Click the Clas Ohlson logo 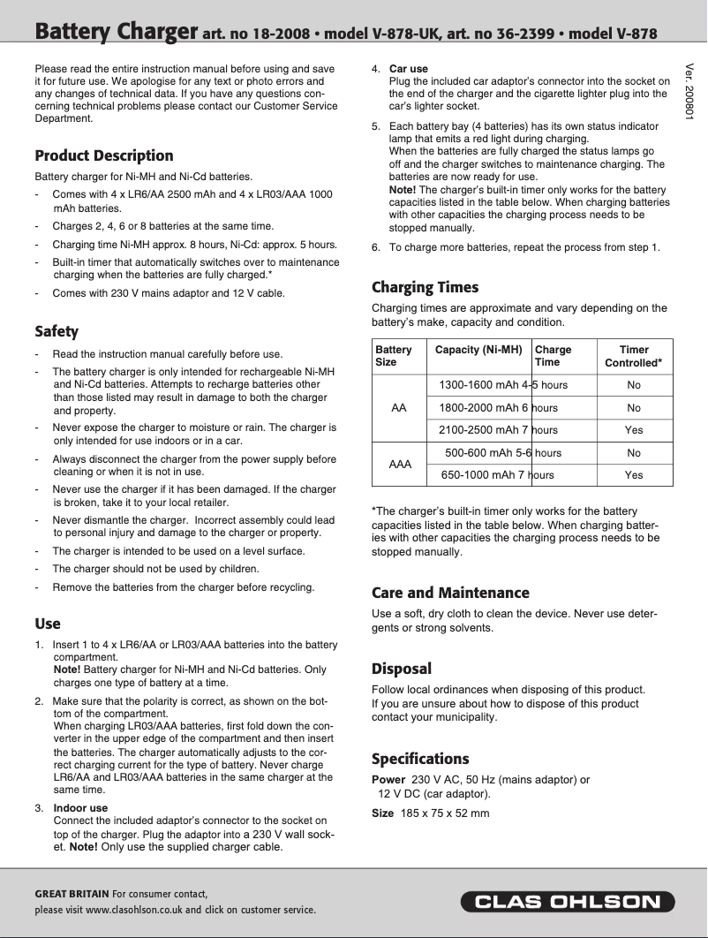click(567, 902)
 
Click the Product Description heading click(103, 155)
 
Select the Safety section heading click(56, 331)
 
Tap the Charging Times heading click(425, 287)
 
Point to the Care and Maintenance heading click(450, 593)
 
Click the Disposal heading click(401, 669)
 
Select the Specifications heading click(420, 759)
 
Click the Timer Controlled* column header click(633, 356)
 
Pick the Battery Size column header click(394, 356)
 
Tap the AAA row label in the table click(401, 464)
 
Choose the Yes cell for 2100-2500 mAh click(633, 430)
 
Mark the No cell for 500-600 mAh click(633, 453)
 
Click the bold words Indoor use click(80, 807)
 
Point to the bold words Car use click(408, 68)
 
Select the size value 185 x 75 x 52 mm click(444, 813)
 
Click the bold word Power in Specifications click(388, 780)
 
